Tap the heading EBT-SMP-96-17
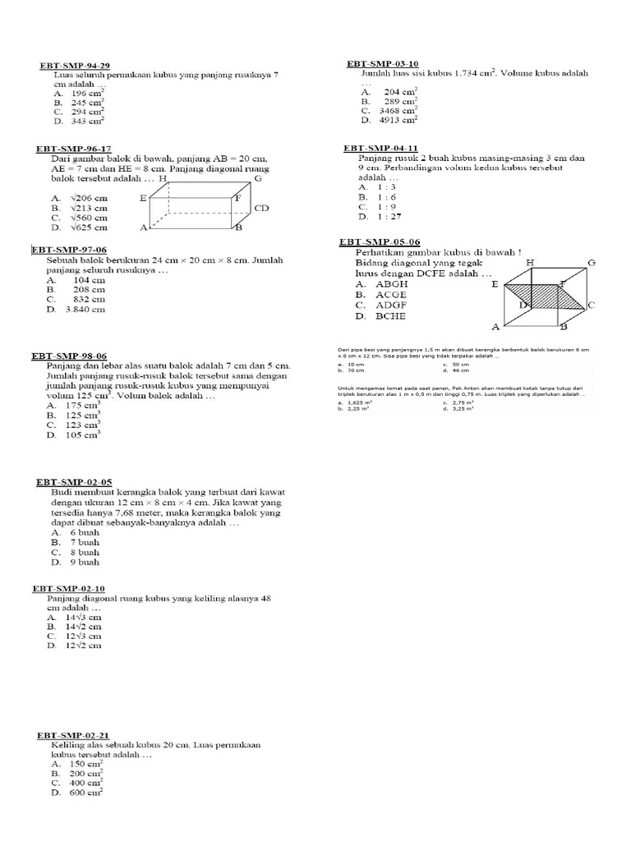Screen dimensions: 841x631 click(x=73, y=149)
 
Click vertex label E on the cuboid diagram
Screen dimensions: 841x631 click(x=144, y=198)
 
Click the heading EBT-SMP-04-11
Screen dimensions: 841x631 click(x=381, y=149)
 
